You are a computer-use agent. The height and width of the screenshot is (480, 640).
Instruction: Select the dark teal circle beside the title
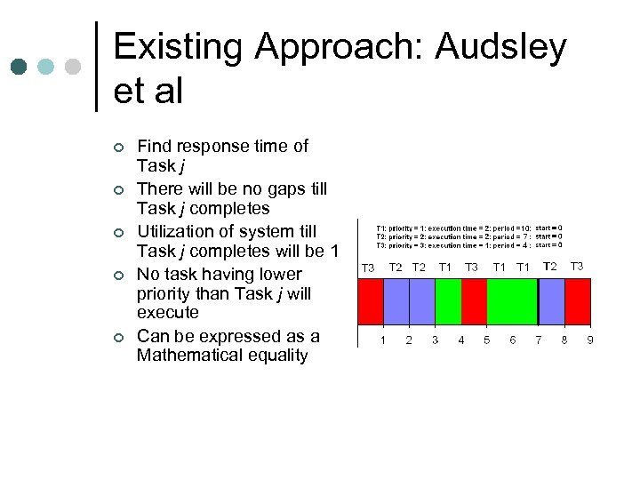coord(20,68)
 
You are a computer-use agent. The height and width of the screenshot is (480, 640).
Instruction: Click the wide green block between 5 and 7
coord(513,301)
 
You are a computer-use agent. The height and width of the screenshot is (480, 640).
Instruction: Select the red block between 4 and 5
coord(474,301)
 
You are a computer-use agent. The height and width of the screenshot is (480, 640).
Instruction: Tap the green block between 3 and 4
coord(448,301)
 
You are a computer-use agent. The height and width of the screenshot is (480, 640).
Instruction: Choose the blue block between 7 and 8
coord(552,301)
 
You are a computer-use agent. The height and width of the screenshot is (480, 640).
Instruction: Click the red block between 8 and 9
coord(579,301)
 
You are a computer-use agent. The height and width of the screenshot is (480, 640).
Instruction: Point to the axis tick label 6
coord(513,340)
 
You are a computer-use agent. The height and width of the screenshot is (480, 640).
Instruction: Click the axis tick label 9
coord(590,340)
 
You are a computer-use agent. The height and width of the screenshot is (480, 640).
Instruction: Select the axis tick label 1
coord(383,340)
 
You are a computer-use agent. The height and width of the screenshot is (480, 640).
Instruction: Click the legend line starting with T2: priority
coord(453,236)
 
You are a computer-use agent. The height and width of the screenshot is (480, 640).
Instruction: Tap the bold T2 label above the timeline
coord(550,267)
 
